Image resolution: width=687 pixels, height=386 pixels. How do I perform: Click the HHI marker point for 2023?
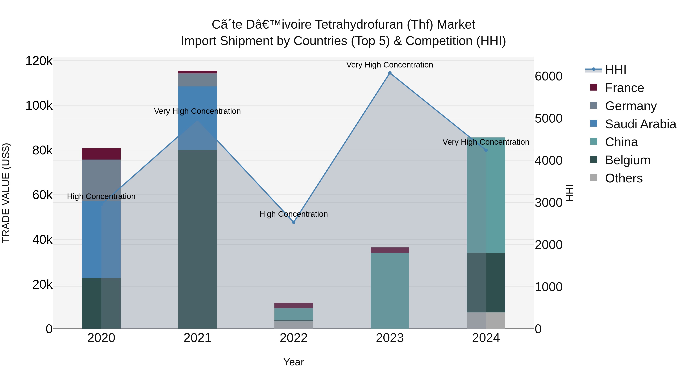(390, 73)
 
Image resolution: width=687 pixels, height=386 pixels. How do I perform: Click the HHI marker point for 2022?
(294, 222)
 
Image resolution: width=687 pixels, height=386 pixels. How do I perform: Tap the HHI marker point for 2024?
(486, 150)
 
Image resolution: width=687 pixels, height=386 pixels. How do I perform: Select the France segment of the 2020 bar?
(101, 154)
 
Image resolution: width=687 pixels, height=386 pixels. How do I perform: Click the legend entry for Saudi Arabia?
(640, 124)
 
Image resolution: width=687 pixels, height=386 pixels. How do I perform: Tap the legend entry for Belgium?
(627, 160)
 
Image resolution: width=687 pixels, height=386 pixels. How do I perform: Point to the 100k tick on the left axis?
(39, 105)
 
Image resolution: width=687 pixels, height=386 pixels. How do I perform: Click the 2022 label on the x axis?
(294, 338)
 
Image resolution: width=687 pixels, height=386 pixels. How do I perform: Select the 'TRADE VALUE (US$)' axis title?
(6, 193)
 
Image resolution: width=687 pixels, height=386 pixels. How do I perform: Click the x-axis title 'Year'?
(294, 362)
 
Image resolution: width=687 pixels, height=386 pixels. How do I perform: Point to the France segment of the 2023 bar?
(390, 250)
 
